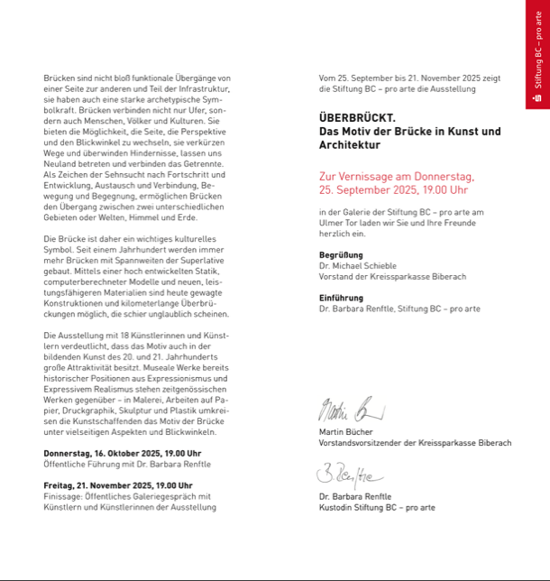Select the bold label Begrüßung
click(341, 255)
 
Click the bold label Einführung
click(341, 298)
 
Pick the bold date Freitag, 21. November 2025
click(117, 484)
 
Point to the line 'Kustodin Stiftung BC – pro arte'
click(377, 507)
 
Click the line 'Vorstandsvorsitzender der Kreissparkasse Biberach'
click(415, 443)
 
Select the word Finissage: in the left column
click(64, 495)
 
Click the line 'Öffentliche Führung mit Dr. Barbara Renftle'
click(127, 464)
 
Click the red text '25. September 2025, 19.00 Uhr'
click(393, 190)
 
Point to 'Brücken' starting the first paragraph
click(59, 78)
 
